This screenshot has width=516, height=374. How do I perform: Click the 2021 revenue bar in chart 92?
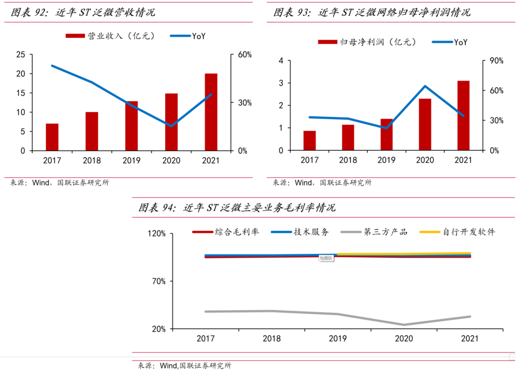[x=211, y=112]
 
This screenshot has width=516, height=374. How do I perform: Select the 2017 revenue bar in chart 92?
[x=52, y=137]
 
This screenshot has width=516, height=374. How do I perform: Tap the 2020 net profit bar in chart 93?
[x=425, y=125]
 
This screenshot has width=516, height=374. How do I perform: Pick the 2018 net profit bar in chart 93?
[x=348, y=138]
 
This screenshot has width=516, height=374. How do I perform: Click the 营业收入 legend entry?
[x=110, y=36]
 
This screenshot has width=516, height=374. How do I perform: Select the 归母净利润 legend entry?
[x=368, y=42]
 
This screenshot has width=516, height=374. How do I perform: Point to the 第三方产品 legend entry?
[x=376, y=232]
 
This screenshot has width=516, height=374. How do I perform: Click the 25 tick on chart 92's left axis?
[x=21, y=55]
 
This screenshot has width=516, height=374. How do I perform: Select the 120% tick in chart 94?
[x=157, y=234]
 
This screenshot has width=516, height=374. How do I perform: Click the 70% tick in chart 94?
[x=159, y=281]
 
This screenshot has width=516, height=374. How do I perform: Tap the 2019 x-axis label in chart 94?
[x=337, y=339]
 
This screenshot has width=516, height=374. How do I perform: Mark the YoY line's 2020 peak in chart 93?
[x=425, y=86]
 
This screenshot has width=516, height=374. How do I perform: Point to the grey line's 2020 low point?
[x=404, y=325]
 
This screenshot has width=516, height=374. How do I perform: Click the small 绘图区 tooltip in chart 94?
[x=326, y=258]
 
